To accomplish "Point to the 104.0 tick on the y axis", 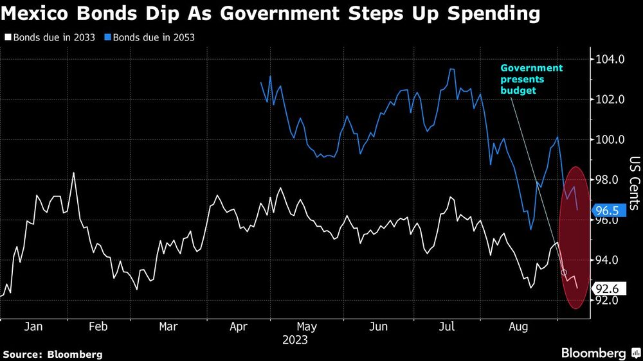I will pyautogui.click(x=609, y=60).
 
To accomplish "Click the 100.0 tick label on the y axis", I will pyautogui.click(x=609, y=140).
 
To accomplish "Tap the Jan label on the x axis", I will pyautogui.click(x=33, y=326).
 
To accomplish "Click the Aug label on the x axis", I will pyautogui.click(x=518, y=326).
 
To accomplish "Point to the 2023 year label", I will pyautogui.click(x=295, y=340).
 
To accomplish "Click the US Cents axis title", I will pyautogui.click(x=634, y=183).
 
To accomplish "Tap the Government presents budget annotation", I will pyautogui.click(x=531, y=79).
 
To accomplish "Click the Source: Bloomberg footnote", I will pyautogui.click(x=53, y=354).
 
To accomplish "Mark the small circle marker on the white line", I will pyautogui.click(x=565, y=273).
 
